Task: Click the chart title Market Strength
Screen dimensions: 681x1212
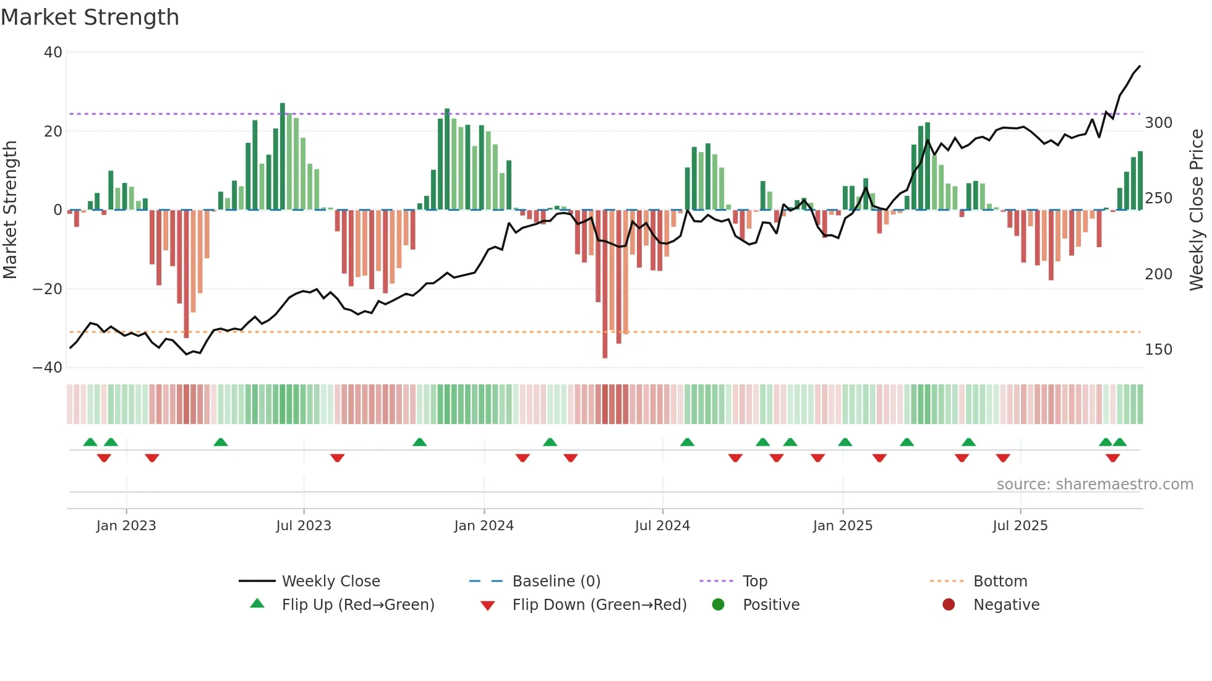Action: pos(90,17)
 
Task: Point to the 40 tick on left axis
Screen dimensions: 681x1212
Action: pos(53,53)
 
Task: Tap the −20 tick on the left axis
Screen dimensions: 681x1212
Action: pos(48,289)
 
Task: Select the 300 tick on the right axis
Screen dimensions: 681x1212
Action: pos(1158,123)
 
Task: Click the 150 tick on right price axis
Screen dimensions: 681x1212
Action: pos(1158,350)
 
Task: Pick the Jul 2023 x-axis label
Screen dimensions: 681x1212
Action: pos(304,526)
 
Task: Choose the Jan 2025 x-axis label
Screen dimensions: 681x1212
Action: pos(842,526)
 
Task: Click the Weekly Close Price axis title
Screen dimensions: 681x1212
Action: pos(1197,210)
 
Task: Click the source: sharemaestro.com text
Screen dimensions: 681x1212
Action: pos(1095,484)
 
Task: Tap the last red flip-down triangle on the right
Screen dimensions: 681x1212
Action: pos(1112,458)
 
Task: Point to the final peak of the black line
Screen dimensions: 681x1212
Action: pos(1140,66)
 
